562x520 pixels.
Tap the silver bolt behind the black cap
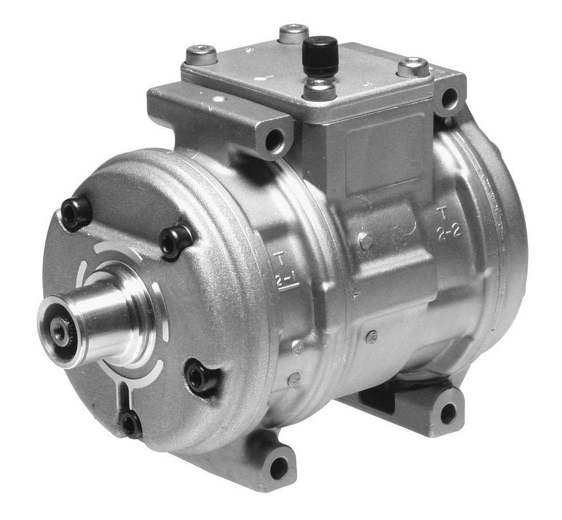(x=293, y=34)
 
